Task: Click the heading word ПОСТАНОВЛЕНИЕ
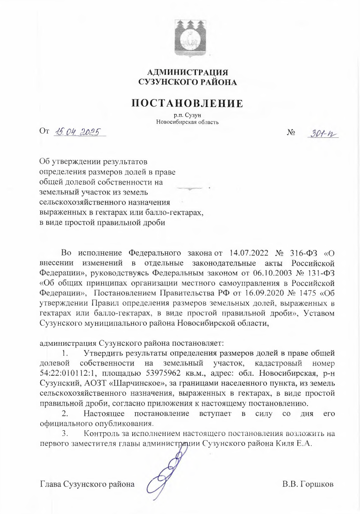(187, 103)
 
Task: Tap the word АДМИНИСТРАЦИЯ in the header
(187, 72)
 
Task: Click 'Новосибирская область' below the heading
(187, 122)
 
